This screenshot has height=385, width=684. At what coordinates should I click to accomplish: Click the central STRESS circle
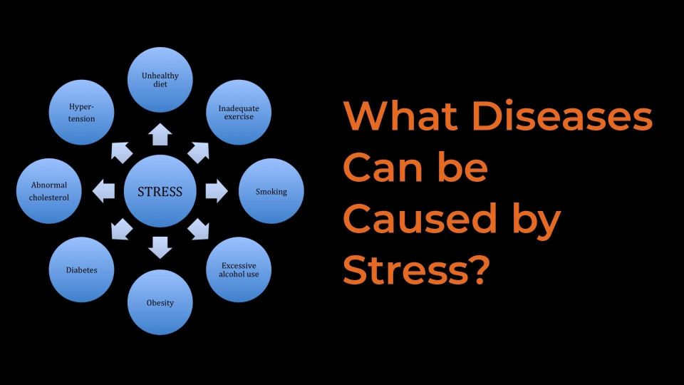[160, 191]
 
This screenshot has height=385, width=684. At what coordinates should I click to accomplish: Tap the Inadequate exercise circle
[239, 112]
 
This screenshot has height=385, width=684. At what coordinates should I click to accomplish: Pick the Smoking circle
[271, 191]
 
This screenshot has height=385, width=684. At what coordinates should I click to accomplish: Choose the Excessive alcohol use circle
[239, 269]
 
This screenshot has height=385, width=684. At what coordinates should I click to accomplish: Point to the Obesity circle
[160, 302]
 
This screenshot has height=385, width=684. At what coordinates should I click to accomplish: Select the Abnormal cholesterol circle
[49, 191]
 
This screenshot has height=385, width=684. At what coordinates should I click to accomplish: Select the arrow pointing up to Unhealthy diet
[160, 134]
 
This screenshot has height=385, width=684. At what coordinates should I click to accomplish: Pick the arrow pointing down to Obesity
[160, 247]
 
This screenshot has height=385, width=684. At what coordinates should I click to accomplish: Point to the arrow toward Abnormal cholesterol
[104, 191]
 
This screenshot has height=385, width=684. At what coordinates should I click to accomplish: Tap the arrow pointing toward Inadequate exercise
[199, 151]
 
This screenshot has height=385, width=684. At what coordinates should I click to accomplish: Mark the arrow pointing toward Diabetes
[121, 230]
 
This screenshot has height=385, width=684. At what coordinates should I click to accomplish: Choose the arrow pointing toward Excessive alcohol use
[199, 230]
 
